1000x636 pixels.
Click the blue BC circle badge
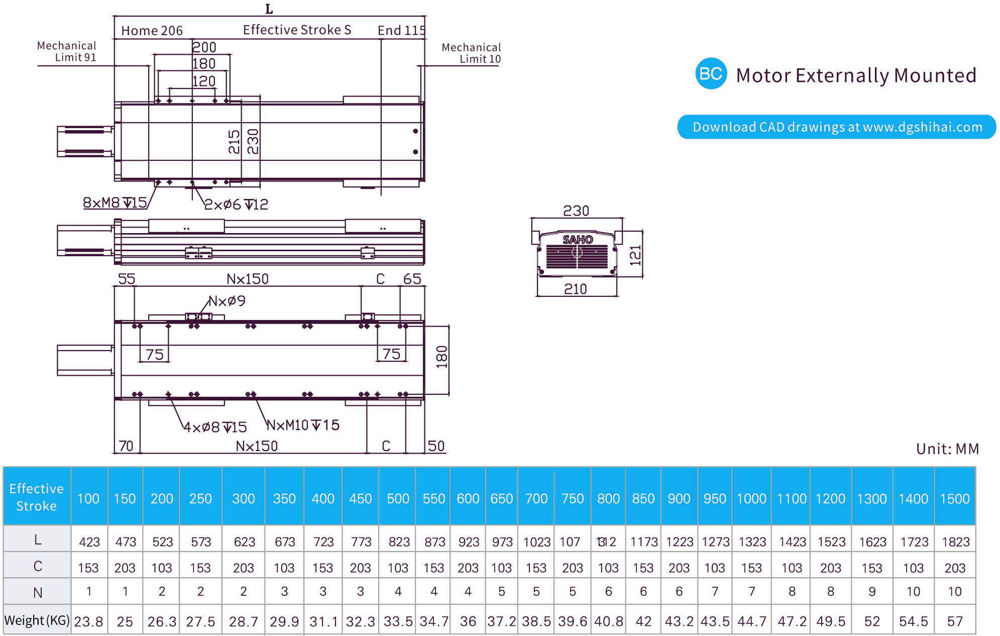coord(711,74)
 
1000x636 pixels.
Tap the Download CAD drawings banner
coord(836,127)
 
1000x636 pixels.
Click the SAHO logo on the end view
coord(578,240)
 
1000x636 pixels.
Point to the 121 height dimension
coord(635,255)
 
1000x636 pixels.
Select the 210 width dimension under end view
coord(576,289)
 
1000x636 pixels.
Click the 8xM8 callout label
coord(115,202)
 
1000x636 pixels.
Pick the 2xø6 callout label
coord(236,204)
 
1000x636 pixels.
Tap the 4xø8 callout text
coord(215,427)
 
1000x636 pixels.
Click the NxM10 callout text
coord(303,426)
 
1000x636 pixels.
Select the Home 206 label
coord(152,31)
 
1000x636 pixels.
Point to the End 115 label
coord(401,31)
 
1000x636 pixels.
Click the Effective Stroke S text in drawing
coord(297,30)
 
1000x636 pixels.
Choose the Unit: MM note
coord(947,449)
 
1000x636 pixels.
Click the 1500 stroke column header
coord(954,498)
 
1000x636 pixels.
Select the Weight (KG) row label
coord(37,620)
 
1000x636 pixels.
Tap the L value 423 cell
coord(89,542)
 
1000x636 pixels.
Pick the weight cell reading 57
coord(954,621)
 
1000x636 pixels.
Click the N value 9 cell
coord(872,592)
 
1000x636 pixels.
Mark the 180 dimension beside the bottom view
coord(441,357)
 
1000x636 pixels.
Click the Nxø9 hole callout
coord(227,301)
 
